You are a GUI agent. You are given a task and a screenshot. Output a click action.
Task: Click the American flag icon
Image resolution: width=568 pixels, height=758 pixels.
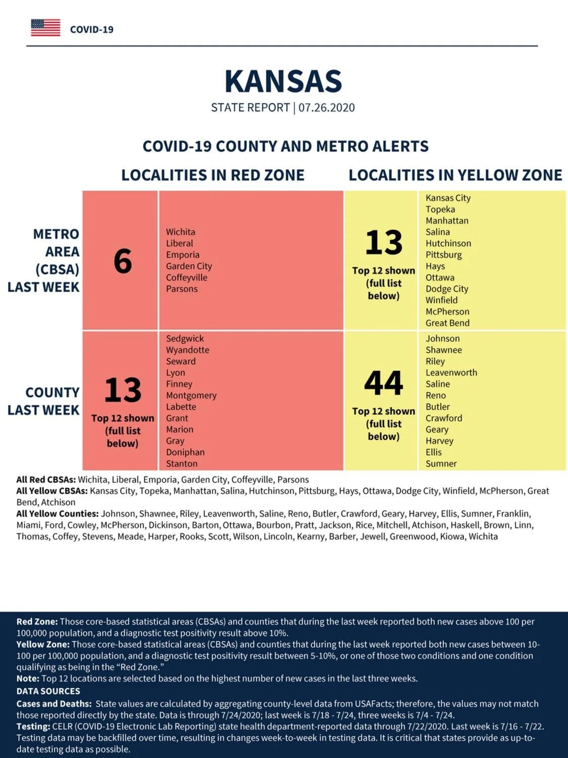45,28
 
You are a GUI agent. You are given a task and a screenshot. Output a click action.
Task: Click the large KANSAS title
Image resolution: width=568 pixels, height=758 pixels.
283,81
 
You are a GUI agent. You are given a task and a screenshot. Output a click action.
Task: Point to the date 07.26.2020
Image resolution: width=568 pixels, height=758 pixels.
327,108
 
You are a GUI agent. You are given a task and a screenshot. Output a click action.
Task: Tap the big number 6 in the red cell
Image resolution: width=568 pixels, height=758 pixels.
123,261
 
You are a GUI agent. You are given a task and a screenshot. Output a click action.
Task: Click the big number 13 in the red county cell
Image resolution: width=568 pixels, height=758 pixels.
123,390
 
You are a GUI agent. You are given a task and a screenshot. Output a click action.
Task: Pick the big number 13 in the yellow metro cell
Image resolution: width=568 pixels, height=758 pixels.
384,242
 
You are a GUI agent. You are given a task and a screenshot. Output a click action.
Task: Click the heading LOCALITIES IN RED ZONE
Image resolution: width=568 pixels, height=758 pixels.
213,175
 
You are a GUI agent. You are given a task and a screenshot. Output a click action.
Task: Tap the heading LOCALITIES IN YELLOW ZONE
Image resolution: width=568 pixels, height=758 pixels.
455,175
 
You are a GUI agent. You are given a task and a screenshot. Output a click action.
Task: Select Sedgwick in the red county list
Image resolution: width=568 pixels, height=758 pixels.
185,339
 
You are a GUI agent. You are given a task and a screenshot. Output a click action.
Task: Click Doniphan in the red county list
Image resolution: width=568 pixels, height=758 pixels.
185,452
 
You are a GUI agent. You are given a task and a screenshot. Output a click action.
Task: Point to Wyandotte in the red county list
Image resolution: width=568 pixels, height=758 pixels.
188,350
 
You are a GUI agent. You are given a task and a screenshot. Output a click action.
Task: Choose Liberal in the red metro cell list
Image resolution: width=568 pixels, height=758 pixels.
179,243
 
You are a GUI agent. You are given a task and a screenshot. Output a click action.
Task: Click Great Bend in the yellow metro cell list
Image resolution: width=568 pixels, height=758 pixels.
447,323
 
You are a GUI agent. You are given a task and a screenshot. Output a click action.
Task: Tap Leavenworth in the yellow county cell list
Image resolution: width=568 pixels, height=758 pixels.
451,372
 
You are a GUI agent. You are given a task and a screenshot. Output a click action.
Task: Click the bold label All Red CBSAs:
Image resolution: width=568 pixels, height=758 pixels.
46,480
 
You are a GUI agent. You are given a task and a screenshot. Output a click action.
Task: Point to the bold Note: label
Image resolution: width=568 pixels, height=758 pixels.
28,679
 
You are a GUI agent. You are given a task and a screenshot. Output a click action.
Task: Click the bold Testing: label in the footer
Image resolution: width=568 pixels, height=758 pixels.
33,726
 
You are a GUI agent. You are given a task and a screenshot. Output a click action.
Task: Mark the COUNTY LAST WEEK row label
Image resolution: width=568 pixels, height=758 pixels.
43,401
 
